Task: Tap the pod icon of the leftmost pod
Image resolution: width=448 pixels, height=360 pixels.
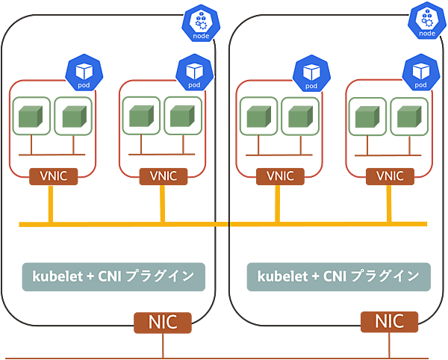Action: tap(84, 72)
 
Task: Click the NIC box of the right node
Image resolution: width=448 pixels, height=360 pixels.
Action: tap(389, 322)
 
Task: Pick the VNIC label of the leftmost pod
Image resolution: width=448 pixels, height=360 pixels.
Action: tap(49, 176)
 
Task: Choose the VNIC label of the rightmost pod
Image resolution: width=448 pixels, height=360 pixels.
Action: tap(389, 176)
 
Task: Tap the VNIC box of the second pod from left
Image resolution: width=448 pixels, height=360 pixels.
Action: tap(163, 176)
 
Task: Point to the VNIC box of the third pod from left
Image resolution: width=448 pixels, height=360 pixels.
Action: tap(275, 176)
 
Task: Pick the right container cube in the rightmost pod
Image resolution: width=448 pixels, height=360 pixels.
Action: tap(408, 117)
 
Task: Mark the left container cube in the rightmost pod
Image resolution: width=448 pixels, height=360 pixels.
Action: tap(367, 117)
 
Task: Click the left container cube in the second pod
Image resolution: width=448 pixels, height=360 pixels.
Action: tap(140, 117)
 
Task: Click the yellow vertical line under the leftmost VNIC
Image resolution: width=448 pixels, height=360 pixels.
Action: tap(49, 203)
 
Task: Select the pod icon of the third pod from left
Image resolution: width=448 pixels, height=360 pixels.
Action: tap(311, 72)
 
